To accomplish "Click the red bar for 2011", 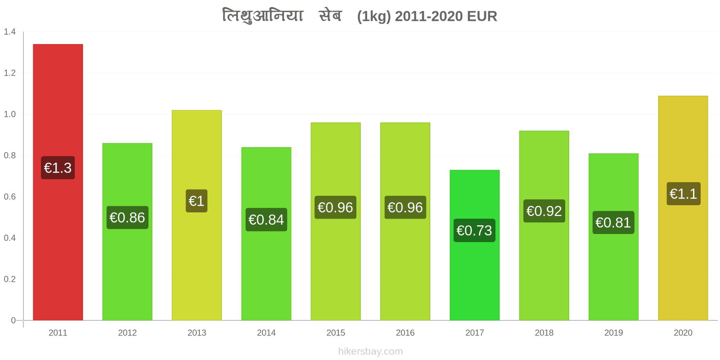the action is (58, 182).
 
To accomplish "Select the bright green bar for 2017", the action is (474, 245).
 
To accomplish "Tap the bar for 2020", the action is (683, 208).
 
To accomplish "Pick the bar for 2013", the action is (197, 216).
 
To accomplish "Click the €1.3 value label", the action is (58, 168).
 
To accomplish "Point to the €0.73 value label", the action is (474, 230).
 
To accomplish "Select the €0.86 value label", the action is (127, 218).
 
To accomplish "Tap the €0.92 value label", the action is (544, 211).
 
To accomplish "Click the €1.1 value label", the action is (684, 194).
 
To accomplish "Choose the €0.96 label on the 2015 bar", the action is (335, 207).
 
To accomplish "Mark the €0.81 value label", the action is (613, 222).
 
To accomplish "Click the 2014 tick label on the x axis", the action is (266, 333).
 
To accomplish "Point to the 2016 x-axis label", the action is (405, 333).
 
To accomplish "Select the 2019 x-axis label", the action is (613, 333).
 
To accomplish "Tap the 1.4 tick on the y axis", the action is (9, 31).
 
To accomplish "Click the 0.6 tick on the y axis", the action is (9, 196).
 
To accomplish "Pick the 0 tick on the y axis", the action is (13, 320).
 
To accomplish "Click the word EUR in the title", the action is (482, 16).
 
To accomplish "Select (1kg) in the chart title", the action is (374, 17).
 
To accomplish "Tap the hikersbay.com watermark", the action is (370, 351).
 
